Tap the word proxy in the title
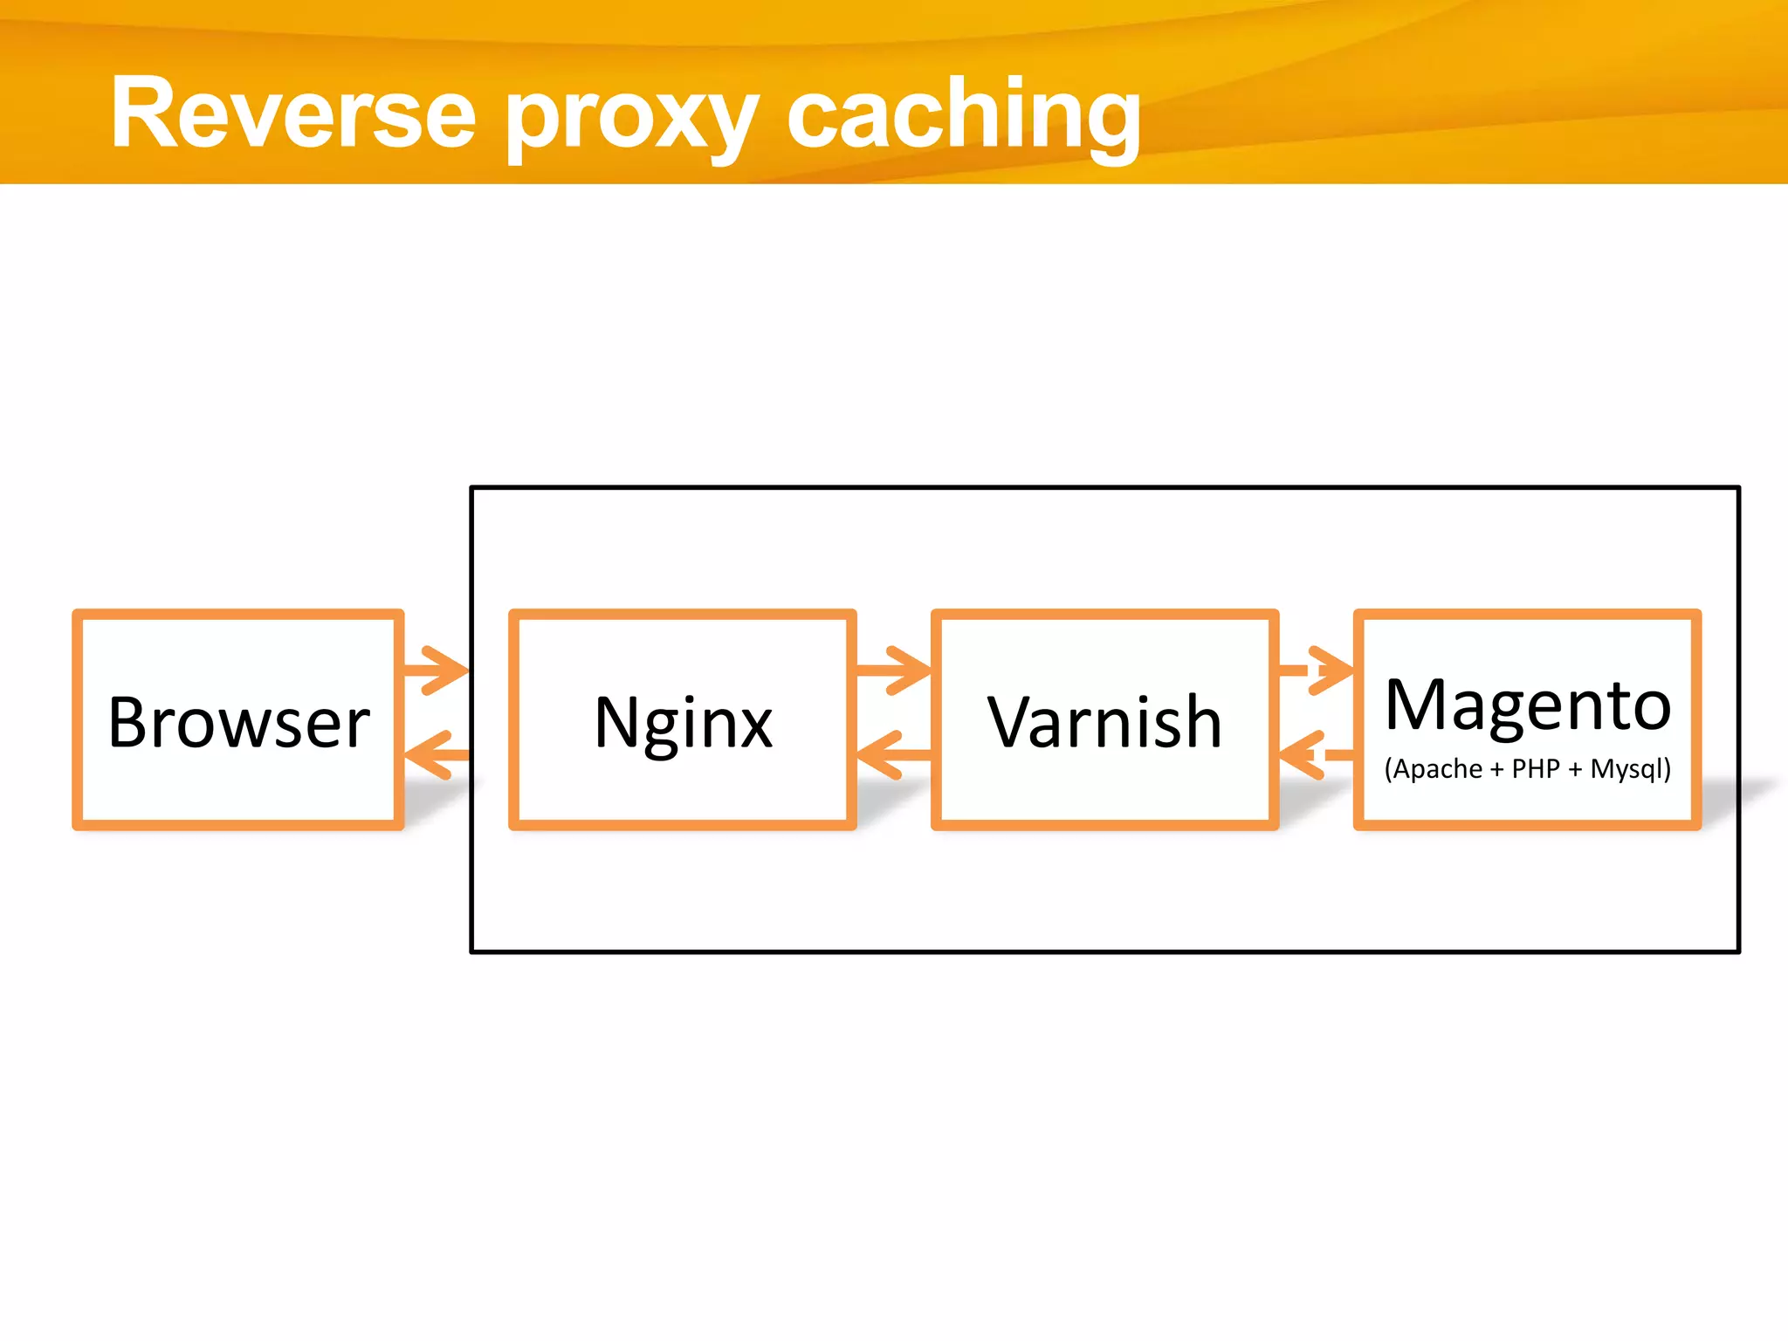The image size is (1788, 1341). click(x=631, y=118)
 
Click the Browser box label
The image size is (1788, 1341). click(x=238, y=723)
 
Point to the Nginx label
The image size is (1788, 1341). click(x=683, y=723)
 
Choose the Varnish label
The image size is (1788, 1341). click(x=1104, y=723)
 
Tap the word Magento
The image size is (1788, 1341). click(x=1528, y=705)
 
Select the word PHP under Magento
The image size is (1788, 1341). click(x=1536, y=769)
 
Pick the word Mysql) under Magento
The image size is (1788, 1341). click(x=1630, y=769)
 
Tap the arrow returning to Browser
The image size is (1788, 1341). click(x=437, y=754)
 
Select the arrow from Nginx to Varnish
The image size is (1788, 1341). click(x=895, y=670)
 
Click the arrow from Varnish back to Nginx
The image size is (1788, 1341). click(x=892, y=754)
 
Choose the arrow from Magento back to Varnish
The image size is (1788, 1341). click(x=1315, y=754)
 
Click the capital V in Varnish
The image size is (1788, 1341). click(x=1012, y=723)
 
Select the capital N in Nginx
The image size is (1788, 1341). click(x=618, y=723)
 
